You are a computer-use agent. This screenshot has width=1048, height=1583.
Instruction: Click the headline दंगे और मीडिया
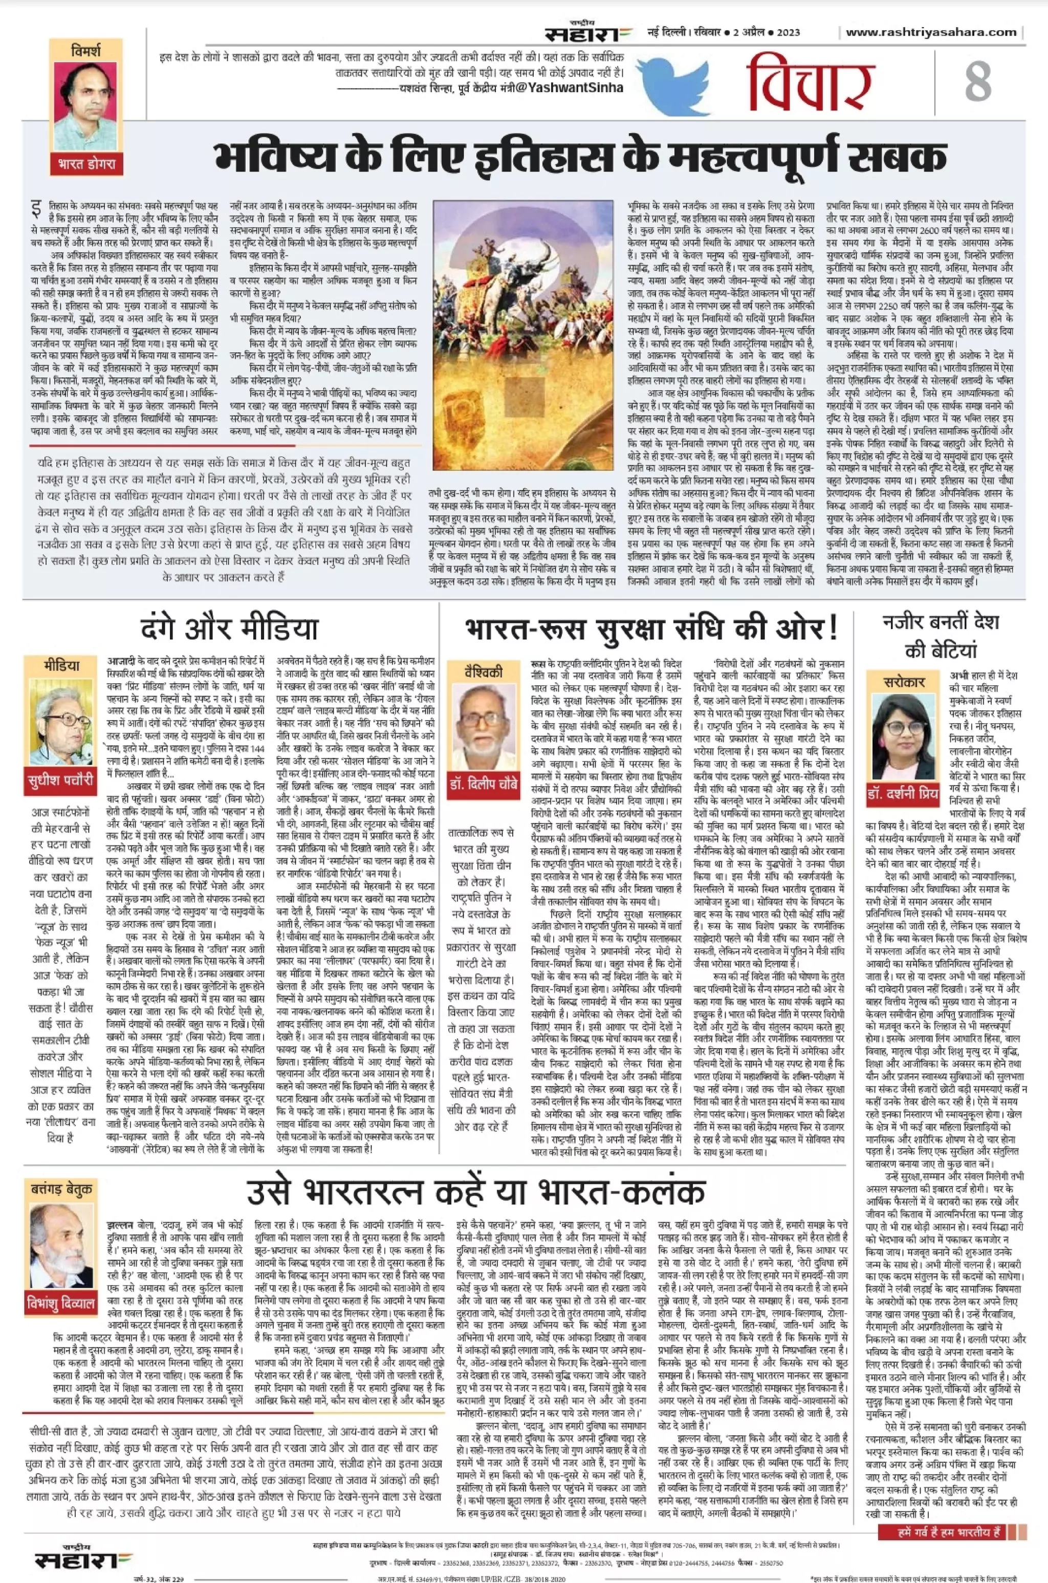coord(229,629)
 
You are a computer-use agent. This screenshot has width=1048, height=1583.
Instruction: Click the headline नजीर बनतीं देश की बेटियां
coord(941,635)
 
